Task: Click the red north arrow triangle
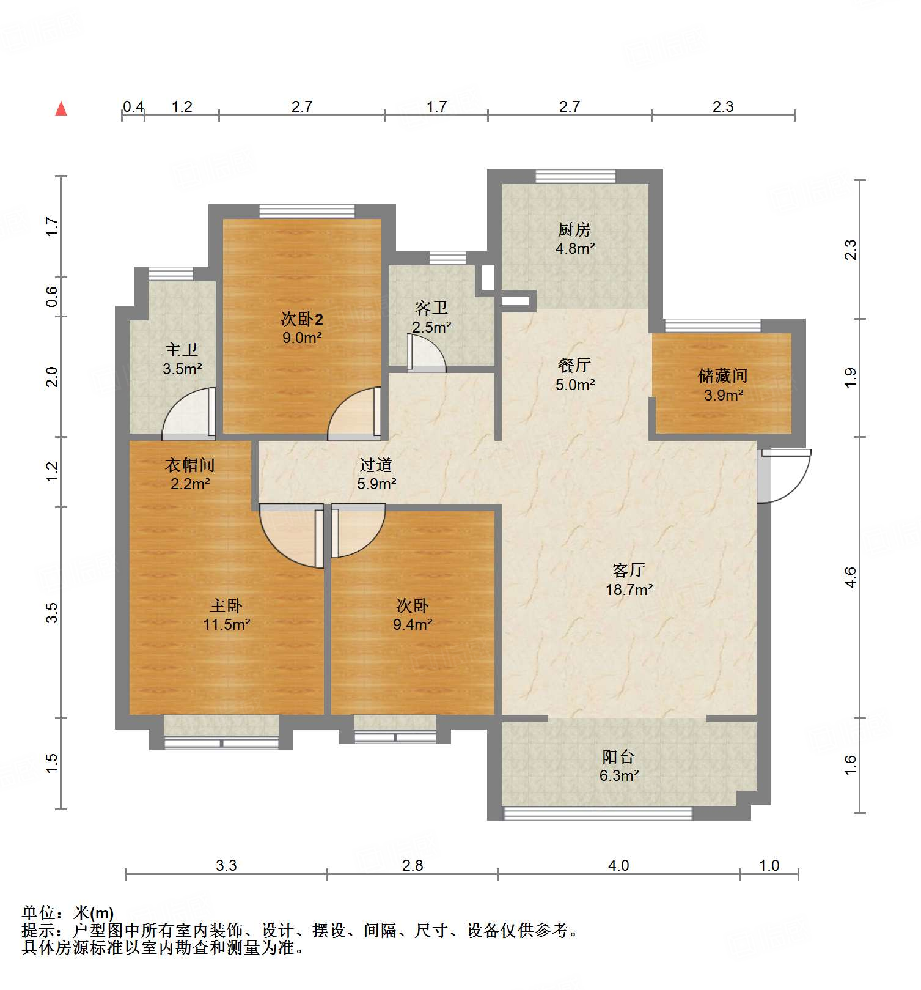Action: click(61, 109)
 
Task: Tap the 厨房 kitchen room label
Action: click(574, 230)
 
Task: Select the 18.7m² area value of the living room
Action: click(629, 589)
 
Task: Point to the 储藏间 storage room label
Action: click(723, 375)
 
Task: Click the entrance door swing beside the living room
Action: click(785, 476)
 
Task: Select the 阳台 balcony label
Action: click(618, 756)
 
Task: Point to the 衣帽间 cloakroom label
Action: click(190, 465)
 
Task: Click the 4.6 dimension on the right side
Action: click(850, 577)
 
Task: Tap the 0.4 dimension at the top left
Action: click(133, 107)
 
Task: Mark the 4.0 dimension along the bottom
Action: click(618, 865)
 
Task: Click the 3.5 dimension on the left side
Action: click(53, 612)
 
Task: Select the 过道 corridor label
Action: click(375, 465)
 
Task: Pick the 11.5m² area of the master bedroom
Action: click(227, 624)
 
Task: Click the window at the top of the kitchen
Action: click(575, 176)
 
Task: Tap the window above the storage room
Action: click(713, 325)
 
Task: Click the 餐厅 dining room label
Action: click(574, 365)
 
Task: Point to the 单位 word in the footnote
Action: click(39, 913)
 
